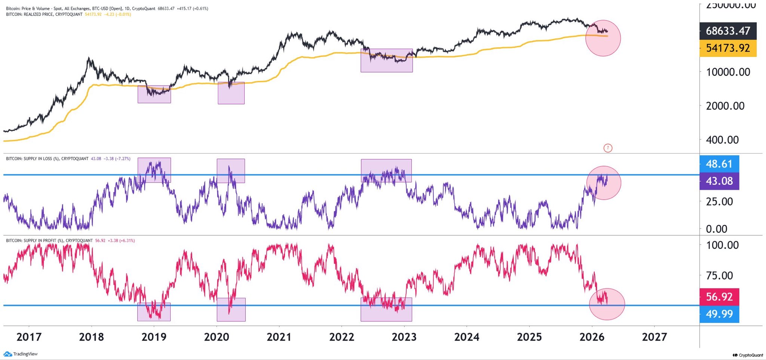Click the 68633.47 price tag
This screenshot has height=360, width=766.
[x=727, y=31]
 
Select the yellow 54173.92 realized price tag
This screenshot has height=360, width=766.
[x=727, y=48]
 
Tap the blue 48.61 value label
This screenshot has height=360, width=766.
[x=719, y=164]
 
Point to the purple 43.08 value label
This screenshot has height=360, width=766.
[x=719, y=181]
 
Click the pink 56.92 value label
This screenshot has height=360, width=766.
[x=719, y=297]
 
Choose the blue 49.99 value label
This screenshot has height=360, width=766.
[x=719, y=314]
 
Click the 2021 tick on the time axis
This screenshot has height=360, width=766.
[x=279, y=337]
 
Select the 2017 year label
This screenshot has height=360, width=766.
[x=29, y=337]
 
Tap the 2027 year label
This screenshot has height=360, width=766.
[x=654, y=337]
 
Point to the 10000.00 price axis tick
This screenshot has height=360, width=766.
[x=728, y=72]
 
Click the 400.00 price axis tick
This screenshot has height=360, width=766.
[x=722, y=140]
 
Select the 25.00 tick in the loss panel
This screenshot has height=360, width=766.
[x=719, y=202]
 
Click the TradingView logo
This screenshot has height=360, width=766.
[x=21, y=354]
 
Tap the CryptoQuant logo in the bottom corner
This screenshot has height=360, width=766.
[x=748, y=355]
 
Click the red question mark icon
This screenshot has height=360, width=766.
[x=608, y=148]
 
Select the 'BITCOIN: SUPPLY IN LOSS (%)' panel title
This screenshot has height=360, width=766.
[x=47, y=159]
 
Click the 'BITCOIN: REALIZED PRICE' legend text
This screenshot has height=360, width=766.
[x=44, y=14]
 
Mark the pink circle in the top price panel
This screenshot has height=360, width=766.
[x=603, y=38]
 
